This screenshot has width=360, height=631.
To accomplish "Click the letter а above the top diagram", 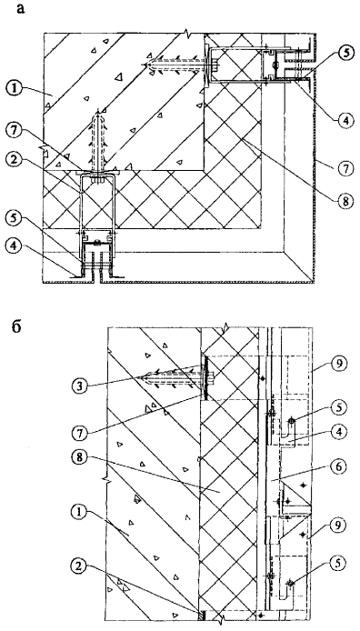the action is pos(21,9).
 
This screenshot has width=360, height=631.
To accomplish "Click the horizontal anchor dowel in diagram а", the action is pos(177,65).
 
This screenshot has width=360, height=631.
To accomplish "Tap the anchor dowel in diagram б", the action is pos(176,378).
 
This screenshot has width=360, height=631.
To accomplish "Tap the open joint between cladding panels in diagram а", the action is pos(97,278).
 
